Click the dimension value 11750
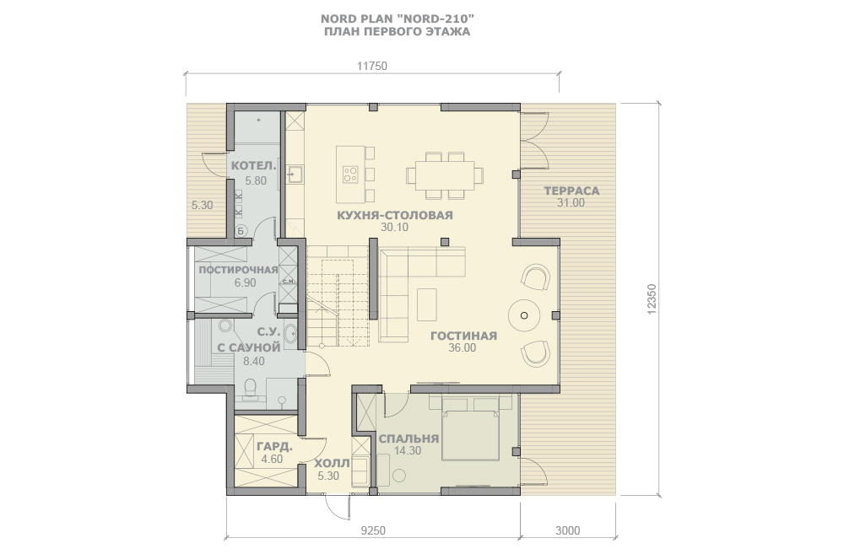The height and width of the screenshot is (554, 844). (372, 66)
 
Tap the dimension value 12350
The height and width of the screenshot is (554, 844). (652, 299)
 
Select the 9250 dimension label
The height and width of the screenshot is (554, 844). (372, 531)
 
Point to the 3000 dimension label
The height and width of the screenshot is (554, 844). (568, 531)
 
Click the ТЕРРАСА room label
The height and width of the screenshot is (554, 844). (571, 191)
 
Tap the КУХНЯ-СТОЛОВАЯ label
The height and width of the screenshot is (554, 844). (395, 215)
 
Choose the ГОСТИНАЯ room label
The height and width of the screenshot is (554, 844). (463, 336)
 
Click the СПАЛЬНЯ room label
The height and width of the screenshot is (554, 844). (408, 438)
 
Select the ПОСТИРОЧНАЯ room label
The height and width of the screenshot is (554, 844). (239, 270)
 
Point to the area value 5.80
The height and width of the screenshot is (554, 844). (256, 180)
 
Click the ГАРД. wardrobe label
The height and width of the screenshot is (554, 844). (274, 446)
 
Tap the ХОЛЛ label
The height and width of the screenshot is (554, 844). (332, 463)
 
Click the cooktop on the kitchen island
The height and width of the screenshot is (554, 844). (350, 173)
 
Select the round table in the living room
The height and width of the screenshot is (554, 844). (524, 315)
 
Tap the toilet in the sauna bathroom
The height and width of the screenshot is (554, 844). (251, 389)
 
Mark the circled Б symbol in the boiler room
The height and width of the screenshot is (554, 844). (241, 231)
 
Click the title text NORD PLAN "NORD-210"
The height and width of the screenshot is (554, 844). (398, 19)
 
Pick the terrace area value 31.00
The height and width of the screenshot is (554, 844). (571, 202)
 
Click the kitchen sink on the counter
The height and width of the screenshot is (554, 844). (294, 175)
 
